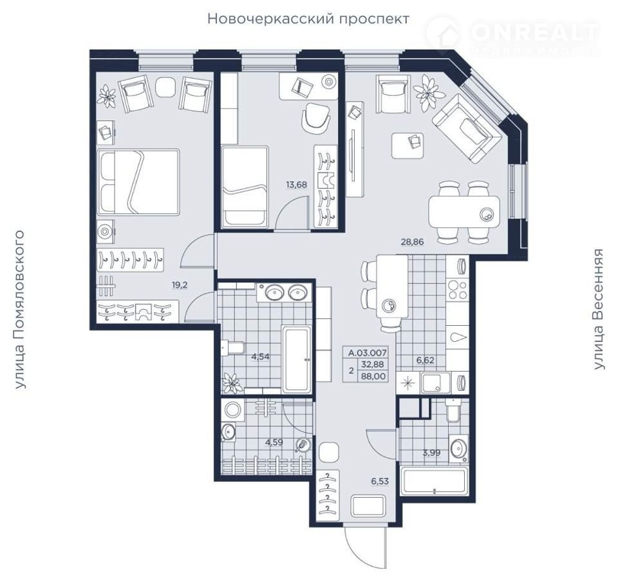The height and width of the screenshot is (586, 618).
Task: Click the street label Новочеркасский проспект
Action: [308, 19]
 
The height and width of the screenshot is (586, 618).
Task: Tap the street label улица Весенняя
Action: [598, 309]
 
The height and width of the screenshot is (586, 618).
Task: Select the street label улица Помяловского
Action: [19, 309]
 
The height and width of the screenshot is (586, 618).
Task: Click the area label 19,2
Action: [180, 285]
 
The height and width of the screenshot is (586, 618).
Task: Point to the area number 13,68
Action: [296, 185]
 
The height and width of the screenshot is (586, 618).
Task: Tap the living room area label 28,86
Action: [412, 242]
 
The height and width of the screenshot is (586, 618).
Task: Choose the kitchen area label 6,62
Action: [426, 359]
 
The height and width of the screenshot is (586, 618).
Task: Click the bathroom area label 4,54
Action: [261, 357]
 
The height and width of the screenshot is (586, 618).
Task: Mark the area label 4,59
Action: [274, 442]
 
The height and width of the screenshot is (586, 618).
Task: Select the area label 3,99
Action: [431, 453]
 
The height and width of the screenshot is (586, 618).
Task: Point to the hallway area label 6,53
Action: [380, 481]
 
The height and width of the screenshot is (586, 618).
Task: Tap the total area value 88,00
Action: [373, 376]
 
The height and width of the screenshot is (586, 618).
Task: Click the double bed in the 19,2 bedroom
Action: [138, 182]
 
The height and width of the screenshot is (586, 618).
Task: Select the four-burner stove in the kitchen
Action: [458, 290]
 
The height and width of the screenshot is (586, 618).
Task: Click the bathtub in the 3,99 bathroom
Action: [434, 481]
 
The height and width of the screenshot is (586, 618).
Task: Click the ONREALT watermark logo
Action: [514, 35]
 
